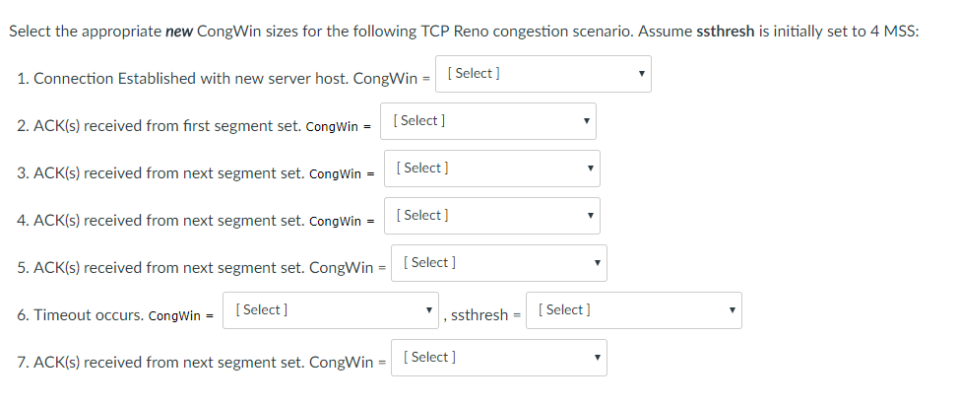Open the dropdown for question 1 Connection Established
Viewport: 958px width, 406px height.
543,74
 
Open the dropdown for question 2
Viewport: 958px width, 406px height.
487,121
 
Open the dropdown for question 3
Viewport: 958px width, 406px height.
491,169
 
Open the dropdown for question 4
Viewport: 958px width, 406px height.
491,216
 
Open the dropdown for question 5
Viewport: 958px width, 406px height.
498,263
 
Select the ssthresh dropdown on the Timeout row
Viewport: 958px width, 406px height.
633,310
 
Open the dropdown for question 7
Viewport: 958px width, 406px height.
498,358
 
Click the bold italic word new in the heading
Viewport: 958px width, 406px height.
178,32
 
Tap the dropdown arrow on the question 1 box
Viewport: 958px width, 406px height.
641,74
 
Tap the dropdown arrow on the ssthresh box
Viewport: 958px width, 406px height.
733,310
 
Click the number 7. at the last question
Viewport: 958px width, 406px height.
24,363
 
